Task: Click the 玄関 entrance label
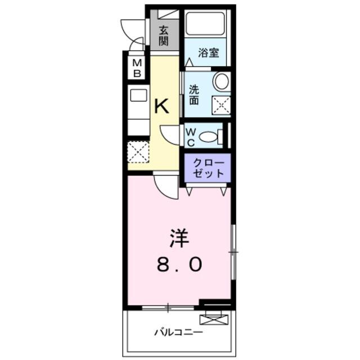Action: click(164, 36)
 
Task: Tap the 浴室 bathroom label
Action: click(209, 53)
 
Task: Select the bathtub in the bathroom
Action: click(205, 24)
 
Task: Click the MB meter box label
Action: click(137, 68)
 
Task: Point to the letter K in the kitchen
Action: click(161, 106)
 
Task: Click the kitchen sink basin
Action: click(138, 95)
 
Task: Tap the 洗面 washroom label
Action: click(194, 95)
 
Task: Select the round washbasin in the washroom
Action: click(222, 81)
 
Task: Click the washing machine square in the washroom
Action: click(221, 105)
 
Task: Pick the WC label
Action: click(191, 137)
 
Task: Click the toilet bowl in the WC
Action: click(208, 137)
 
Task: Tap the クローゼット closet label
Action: click(208, 168)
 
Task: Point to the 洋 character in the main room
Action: click(179, 238)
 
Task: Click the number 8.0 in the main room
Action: click(179, 264)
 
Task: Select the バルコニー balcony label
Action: click(179, 332)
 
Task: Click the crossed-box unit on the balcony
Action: click(214, 320)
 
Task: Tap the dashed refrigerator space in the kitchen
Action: click(138, 152)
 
